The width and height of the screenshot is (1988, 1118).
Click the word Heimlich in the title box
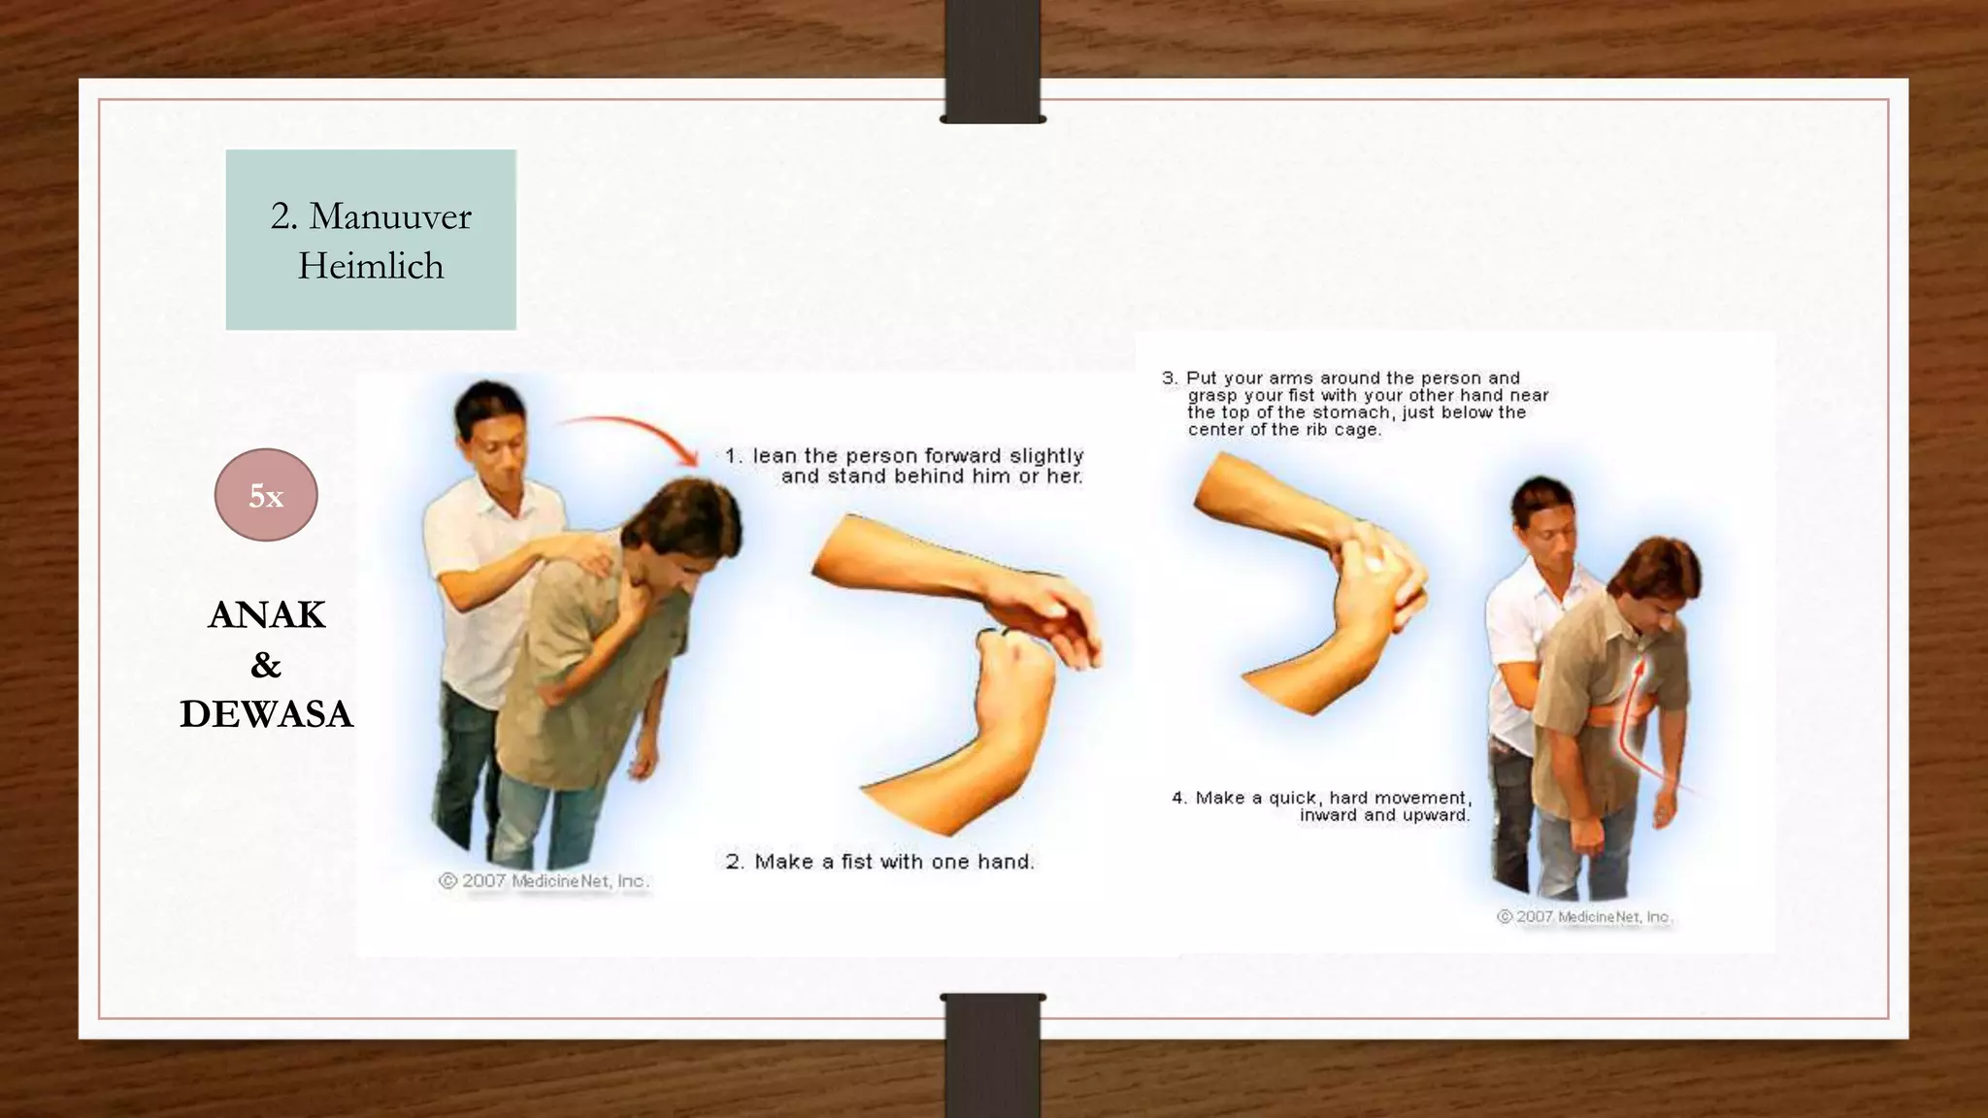tap(371, 266)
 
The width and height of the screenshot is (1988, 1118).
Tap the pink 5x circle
tap(266, 495)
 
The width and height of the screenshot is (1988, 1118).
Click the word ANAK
tap(267, 615)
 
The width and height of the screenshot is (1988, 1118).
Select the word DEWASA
tap(267, 714)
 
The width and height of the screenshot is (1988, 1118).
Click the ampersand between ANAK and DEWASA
tap(266, 665)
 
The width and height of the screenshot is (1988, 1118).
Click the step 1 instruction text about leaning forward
tap(917, 466)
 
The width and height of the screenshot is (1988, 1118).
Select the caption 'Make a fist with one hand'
tap(893, 862)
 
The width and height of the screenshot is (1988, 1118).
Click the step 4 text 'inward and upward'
tap(1384, 815)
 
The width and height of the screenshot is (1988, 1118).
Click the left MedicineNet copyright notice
tap(544, 881)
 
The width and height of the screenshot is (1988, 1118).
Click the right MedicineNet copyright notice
tap(1584, 916)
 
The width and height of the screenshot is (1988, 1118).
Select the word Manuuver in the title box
tap(389, 216)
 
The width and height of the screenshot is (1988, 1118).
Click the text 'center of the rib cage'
tap(1283, 430)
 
